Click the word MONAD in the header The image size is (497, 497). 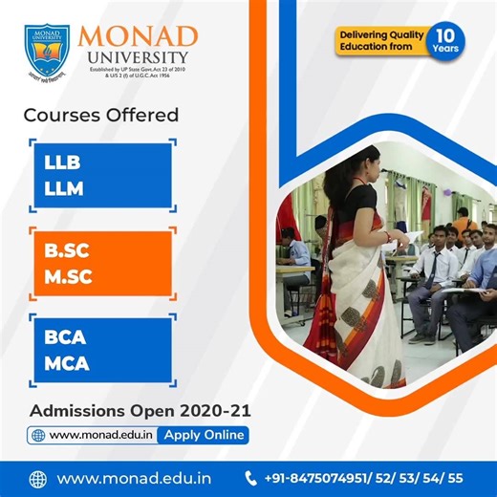138,37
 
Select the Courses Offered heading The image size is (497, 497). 100,116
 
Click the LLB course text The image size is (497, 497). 63,162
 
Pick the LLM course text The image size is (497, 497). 64,188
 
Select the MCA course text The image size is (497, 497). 66,365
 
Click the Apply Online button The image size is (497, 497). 204,435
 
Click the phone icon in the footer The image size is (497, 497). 251,478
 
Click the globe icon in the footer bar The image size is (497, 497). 38,478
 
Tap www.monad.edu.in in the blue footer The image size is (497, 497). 134,478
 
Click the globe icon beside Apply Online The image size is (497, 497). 38,435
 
